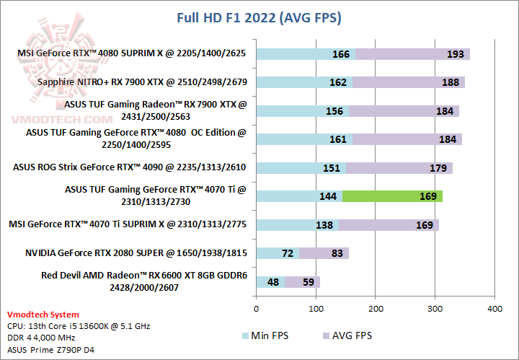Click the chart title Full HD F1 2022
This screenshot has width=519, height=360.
pos(259,17)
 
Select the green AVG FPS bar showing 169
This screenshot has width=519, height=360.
pos(392,196)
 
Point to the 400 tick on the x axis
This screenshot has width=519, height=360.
pos(494,309)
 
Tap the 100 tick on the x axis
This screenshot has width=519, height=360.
pos(316,309)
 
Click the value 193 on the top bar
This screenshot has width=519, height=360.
pos(435,54)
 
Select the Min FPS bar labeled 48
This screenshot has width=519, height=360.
pos(270,282)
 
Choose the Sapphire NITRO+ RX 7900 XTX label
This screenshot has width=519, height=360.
pos(142,82)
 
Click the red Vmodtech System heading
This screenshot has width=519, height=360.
pos(43,315)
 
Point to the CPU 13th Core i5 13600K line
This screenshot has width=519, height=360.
pos(78,326)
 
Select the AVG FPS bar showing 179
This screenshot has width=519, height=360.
pos(399,168)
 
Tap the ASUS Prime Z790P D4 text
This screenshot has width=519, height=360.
pos(50,350)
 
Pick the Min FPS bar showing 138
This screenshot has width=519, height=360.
pos(297,225)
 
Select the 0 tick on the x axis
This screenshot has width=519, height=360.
pos(257,309)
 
